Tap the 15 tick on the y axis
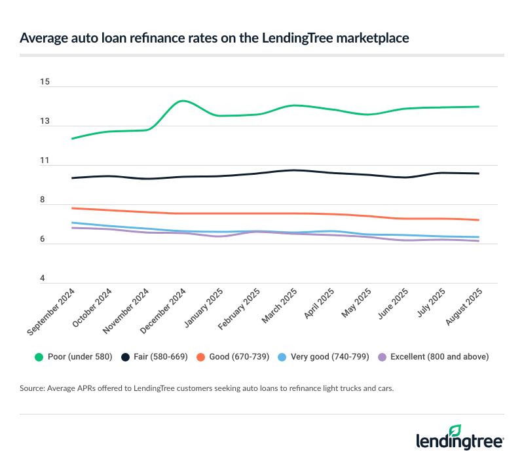[x=45, y=82]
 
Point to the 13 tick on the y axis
[x=45, y=121]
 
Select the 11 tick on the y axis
[x=45, y=160]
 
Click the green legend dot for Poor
[x=39, y=357]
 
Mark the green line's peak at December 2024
[x=182, y=101]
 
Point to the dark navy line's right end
[x=479, y=174]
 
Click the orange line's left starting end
[x=72, y=208]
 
